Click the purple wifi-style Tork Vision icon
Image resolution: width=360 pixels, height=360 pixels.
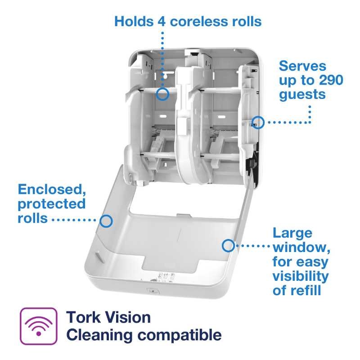click(x=38, y=326)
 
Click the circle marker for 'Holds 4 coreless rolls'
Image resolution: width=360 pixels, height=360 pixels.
click(x=162, y=94)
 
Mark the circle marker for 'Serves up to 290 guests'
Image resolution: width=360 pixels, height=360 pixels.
click(x=257, y=121)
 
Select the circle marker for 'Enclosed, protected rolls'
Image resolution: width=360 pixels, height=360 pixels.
click(x=106, y=220)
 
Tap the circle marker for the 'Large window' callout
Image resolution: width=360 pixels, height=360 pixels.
click(x=228, y=245)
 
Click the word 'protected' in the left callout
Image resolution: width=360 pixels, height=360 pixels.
click(x=51, y=204)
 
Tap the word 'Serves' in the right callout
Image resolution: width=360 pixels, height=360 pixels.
click(x=302, y=66)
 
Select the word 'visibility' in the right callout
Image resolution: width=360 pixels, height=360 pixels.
click(x=301, y=276)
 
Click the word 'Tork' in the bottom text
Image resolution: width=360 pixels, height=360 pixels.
click(x=82, y=317)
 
